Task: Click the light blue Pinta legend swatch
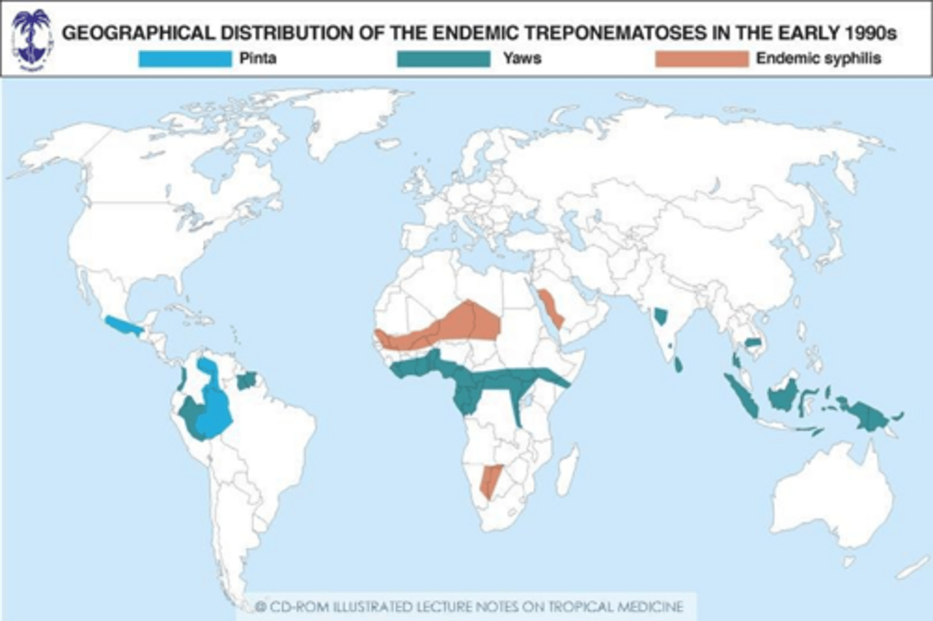tap(185, 59)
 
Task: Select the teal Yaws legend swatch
tap(443, 59)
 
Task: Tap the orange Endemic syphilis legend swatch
tap(701, 59)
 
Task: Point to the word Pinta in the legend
tap(258, 58)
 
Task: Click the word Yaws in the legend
tap(522, 58)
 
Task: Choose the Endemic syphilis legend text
tap(818, 58)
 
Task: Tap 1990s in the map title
tap(870, 33)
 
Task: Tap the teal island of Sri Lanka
tap(678, 365)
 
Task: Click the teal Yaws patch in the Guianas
tap(247, 381)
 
